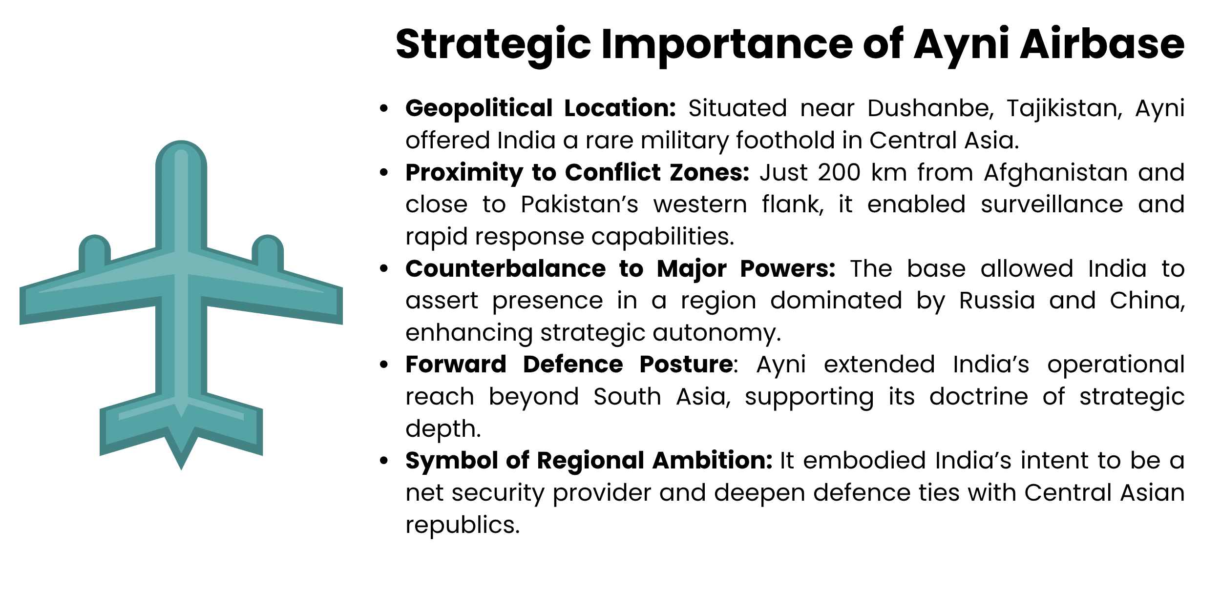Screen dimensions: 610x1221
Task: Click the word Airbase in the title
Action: coord(1102,44)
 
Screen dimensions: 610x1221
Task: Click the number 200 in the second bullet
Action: coord(839,172)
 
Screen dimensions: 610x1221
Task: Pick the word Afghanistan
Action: coord(1055,172)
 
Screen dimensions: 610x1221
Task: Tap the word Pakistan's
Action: coord(579,204)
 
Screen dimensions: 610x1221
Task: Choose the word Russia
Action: coord(997,300)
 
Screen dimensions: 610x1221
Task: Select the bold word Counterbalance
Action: coord(505,268)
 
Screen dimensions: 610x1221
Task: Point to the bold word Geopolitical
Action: coord(479,108)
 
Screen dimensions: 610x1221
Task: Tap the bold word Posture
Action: coord(686,364)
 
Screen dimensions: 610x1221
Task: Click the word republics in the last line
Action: coord(462,525)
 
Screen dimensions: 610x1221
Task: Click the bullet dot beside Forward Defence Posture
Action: coord(384,365)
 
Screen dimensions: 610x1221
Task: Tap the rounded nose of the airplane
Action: coord(181,156)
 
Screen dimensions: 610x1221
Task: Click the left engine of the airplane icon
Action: coord(95,251)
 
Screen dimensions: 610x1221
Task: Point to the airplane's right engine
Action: coord(268,251)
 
